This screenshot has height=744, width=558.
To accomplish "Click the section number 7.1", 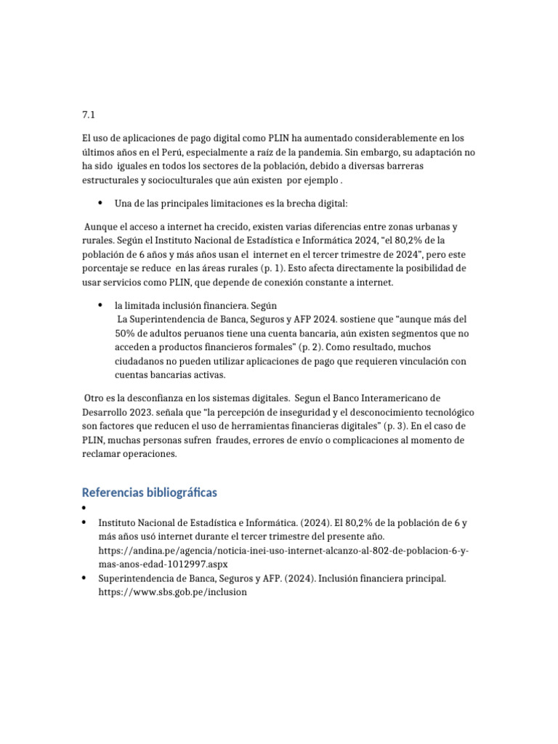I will coord(89,115).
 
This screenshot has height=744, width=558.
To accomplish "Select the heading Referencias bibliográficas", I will coord(150,493).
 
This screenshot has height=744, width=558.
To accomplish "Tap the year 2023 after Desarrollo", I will coord(139,412).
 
